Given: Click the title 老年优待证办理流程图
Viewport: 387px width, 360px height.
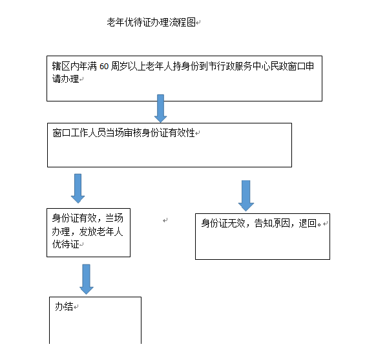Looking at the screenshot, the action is pyautogui.click(x=151, y=22).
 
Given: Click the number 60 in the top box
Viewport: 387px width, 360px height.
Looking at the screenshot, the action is pyautogui.click(x=104, y=67).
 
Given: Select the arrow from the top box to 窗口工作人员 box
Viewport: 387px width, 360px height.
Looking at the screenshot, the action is pyautogui.click(x=160, y=108).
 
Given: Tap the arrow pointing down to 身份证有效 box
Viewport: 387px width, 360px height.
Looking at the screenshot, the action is pyautogui.click(x=78, y=188).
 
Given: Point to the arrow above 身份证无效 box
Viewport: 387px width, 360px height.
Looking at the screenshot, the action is pyautogui.click(x=246, y=196).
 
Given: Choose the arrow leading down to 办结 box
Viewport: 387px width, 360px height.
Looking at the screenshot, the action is pyautogui.click(x=87, y=279).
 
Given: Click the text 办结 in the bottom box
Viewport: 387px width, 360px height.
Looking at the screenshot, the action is pyautogui.click(x=64, y=306).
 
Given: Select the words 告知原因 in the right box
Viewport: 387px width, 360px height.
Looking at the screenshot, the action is pyautogui.click(x=272, y=223).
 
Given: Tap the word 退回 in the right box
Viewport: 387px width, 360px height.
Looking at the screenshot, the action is pyautogui.click(x=308, y=223).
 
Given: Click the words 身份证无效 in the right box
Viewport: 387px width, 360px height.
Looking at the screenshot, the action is pyautogui.click(x=223, y=223).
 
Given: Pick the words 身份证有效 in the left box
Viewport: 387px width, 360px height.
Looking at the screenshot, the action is pyautogui.click(x=74, y=218).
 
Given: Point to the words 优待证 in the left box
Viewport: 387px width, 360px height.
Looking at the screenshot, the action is pyautogui.click(x=65, y=244).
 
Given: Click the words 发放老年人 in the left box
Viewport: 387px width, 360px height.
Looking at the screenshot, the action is pyautogui.click(x=101, y=231).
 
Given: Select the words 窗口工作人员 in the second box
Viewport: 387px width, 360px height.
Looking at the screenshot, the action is pyautogui.click(x=79, y=133).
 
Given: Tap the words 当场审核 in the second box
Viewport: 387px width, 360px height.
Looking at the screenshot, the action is pyautogui.click(x=124, y=133).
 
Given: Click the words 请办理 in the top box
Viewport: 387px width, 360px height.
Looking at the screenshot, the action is pyautogui.click(x=65, y=79).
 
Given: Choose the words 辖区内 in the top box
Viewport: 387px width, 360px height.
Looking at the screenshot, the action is pyautogui.click(x=65, y=67).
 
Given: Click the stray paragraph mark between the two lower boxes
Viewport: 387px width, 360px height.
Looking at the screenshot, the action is pyautogui.click(x=165, y=220).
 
